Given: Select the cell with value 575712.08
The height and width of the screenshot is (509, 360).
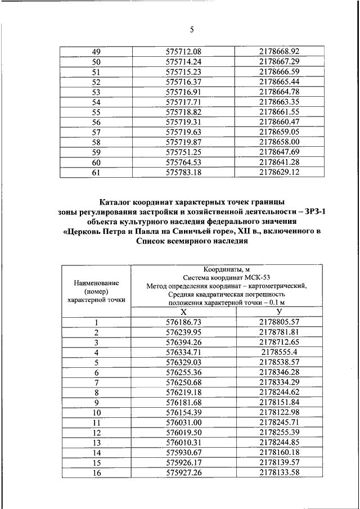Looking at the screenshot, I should (x=183, y=51).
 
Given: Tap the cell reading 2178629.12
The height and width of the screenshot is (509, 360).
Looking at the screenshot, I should (x=280, y=172).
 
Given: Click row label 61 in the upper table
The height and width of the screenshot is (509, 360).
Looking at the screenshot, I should (x=96, y=172).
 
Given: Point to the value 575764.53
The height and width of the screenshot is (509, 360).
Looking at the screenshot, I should (x=183, y=162).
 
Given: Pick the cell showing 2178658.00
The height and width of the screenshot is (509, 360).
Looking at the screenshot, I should (x=280, y=142).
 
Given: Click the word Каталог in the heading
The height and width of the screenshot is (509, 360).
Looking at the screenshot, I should (x=117, y=201).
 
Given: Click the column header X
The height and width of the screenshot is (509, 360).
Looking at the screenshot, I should (x=183, y=312).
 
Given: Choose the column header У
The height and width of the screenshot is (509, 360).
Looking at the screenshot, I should (x=280, y=312).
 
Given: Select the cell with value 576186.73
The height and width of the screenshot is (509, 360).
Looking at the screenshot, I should (x=183, y=322).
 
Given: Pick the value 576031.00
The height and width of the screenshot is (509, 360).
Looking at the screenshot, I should (x=183, y=422).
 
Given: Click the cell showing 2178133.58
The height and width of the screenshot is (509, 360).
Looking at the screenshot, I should (x=280, y=473).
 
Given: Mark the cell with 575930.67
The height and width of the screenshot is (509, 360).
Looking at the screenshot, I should (x=183, y=453).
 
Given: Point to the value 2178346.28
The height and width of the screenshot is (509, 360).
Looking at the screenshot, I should (x=280, y=372).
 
